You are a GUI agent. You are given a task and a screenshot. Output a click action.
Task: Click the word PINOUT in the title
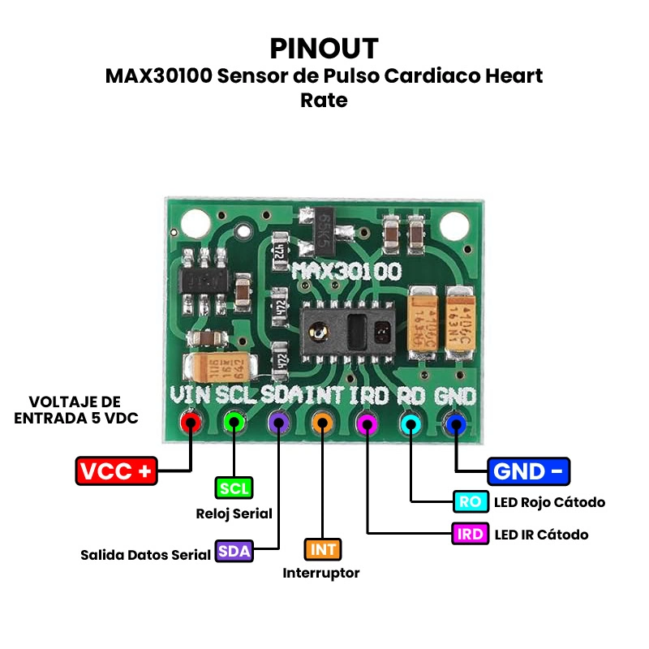click(x=324, y=48)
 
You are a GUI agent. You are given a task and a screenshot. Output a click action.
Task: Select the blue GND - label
click(x=529, y=471)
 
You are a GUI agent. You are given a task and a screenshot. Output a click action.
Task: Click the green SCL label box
click(x=234, y=488)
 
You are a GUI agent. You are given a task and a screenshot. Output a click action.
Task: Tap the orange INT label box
click(x=323, y=550)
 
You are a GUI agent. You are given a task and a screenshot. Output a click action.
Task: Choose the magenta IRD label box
click(x=471, y=534)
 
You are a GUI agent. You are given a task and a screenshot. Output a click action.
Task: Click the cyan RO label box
click(x=471, y=501)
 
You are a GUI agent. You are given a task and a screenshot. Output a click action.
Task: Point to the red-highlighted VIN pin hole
click(x=191, y=423)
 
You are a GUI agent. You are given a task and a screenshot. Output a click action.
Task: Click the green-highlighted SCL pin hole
click(x=234, y=423)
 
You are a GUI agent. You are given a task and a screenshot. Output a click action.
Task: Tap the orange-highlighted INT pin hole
click(x=323, y=423)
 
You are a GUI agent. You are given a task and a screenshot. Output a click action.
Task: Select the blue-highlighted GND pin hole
click(x=456, y=423)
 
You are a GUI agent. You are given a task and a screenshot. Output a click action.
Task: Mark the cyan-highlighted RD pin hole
click(x=411, y=423)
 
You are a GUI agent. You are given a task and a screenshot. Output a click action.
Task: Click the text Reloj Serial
click(x=234, y=514)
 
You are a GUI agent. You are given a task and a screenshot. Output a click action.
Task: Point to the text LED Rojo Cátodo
click(x=549, y=502)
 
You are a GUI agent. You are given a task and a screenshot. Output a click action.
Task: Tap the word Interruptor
click(x=321, y=574)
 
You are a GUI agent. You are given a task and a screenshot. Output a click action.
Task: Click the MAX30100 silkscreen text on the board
click(x=347, y=271)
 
